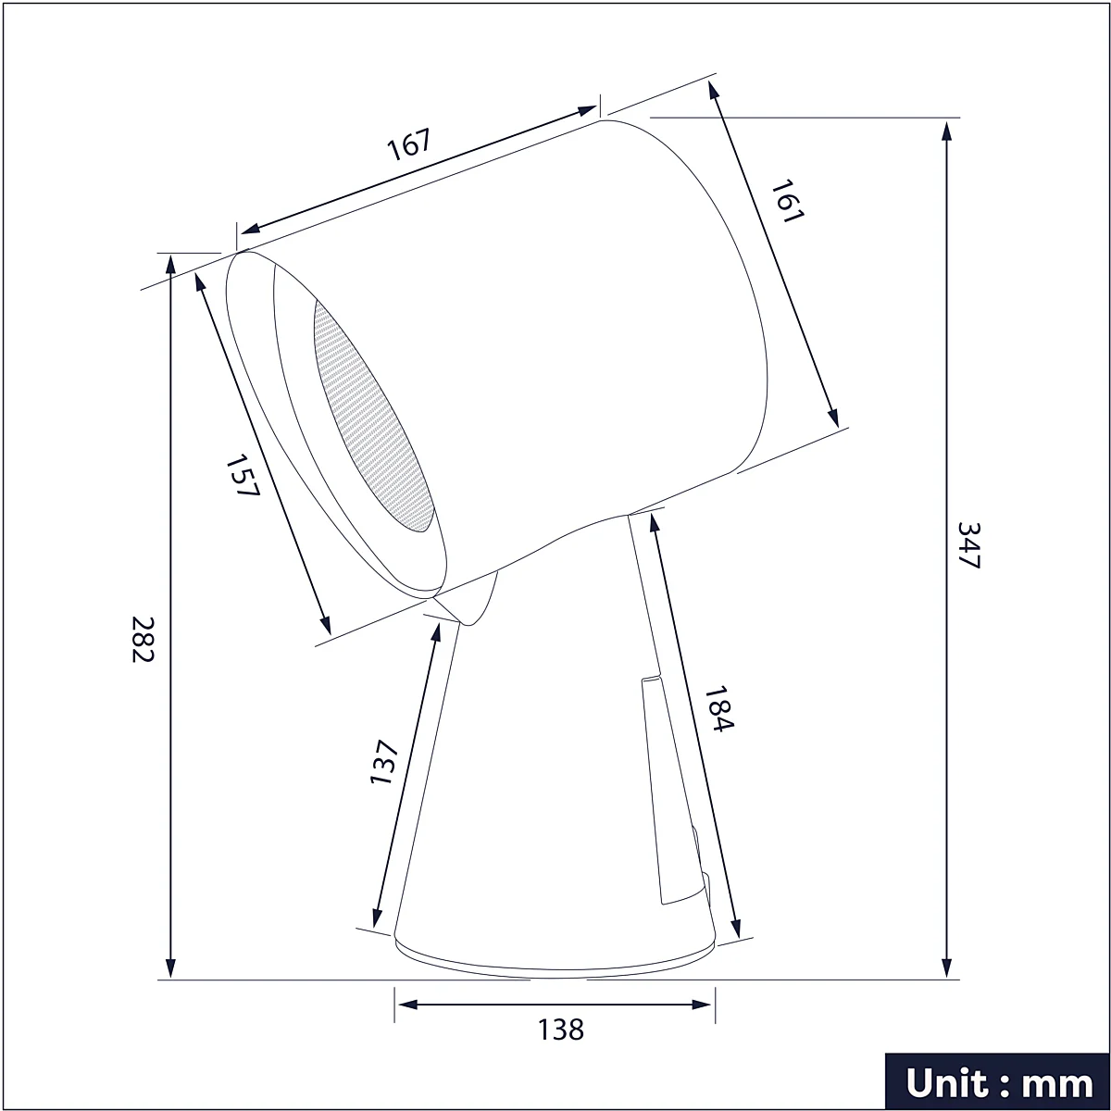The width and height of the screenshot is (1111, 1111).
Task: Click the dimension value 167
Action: pyautogui.click(x=409, y=144)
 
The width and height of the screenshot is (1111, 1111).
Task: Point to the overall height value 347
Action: pyautogui.click(x=968, y=544)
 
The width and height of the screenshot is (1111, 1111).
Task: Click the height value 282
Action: pyautogui.click(x=143, y=640)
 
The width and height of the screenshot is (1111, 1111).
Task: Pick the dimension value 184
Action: pyautogui.click(x=719, y=708)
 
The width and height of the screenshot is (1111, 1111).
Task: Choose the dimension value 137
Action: pyautogui.click(x=383, y=762)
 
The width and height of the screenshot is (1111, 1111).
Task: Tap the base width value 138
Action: pyautogui.click(x=560, y=1030)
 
